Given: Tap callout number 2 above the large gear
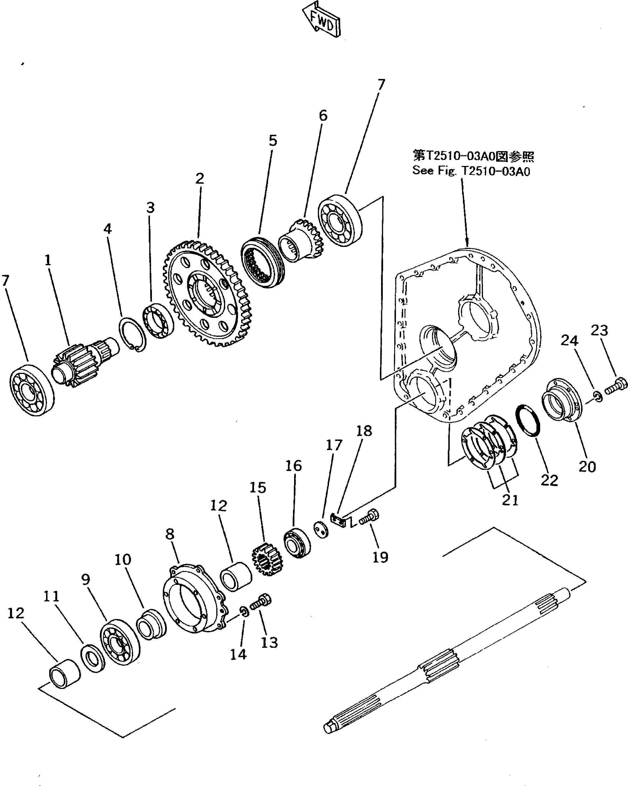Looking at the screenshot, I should point(199,179).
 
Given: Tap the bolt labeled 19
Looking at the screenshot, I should point(369,517).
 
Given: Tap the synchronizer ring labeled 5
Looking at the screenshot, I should point(262,262).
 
